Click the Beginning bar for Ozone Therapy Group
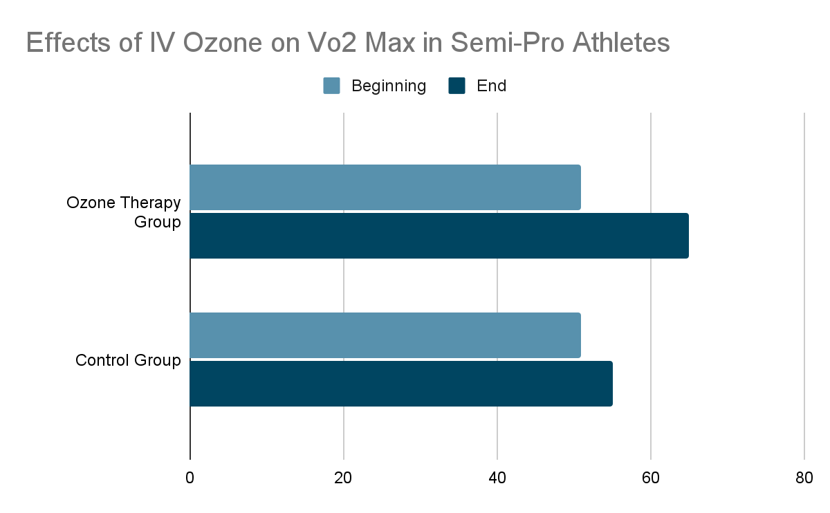click(x=385, y=187)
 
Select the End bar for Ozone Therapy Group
click(x=439, y=236)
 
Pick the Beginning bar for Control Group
click(x=385, y=335)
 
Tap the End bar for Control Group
click(x=401, y=384)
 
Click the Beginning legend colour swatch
click(x=332, y=86)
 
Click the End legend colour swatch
click(x=457, y=86)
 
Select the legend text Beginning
click(x=389, y=86)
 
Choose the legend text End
click(x=492, y=86)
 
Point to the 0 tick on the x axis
click(x=190, y=478)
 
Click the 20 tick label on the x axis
click(x=344, y=478)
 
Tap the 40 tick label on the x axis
click(x=497, y=478)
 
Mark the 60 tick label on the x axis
click(x=651, y=478)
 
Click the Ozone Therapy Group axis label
click(x=124, y=212)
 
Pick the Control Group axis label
click(x=128, y=360)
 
